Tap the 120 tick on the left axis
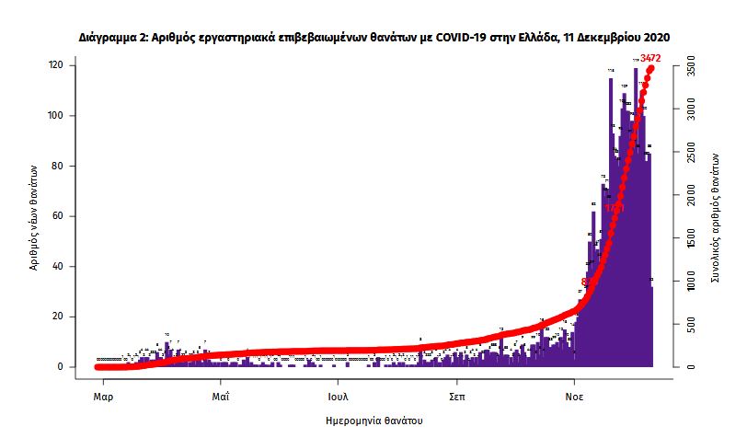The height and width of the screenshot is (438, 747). pyautogui.click(x=56, y=65)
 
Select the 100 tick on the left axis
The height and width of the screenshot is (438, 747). pyautogui.click(x=56, y=116)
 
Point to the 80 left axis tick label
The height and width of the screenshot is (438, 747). pyautogui.click(x=58, y=167)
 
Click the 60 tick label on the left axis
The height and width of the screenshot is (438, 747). pyautogui.click(x=58, y=216)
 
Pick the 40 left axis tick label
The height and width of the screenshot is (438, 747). pyautogui.click(x=58, y=267)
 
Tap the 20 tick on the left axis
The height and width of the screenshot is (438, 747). pyautogui.click(x=58, y=317)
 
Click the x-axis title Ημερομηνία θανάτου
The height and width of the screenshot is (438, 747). pyautogui.click(x=374, y=421)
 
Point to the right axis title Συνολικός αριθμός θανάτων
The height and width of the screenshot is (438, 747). pyautogui.click(x=715, y=216)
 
